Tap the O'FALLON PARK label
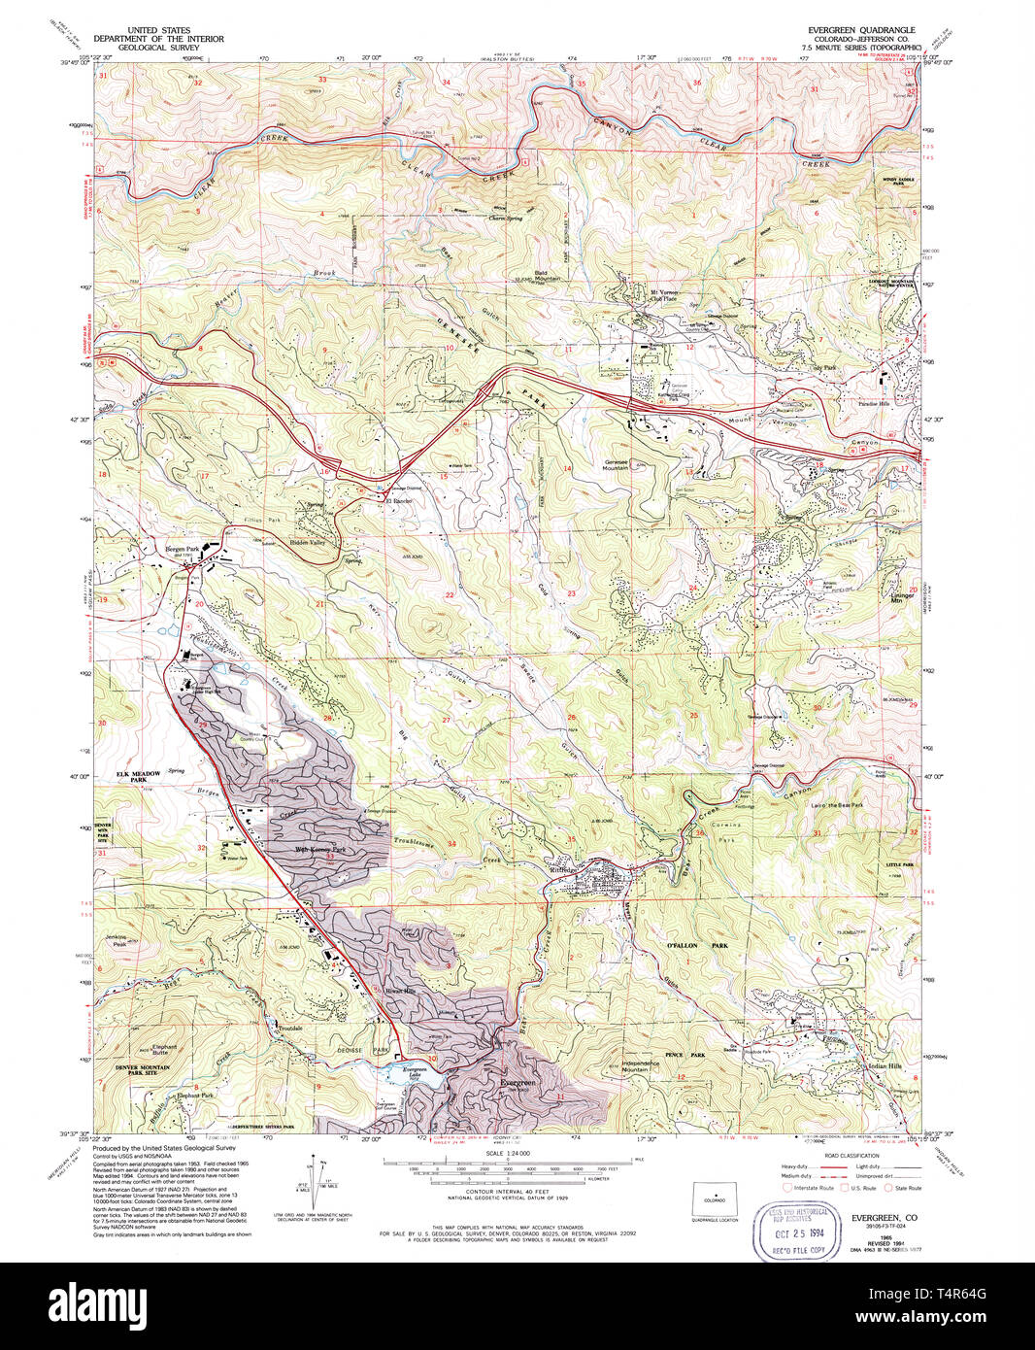(681, 945)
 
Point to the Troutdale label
(291, 1027)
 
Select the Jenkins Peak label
(114, 941)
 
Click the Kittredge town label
(564, 869)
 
